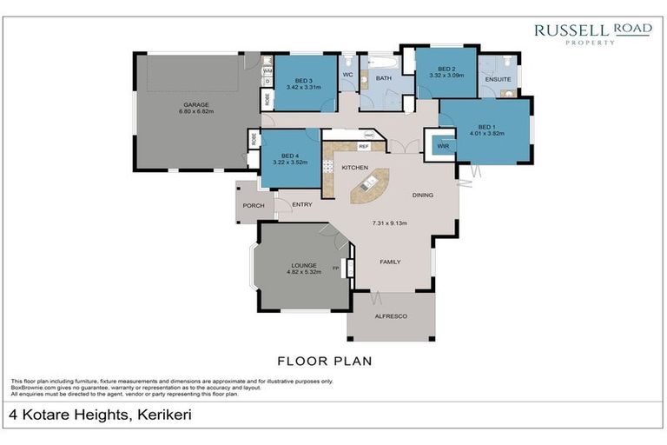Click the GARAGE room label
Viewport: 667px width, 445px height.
click(196, 106)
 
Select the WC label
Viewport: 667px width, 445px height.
click(347, 75)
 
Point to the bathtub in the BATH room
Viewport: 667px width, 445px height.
click(380, 64)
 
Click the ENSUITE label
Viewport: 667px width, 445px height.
click(498, 78)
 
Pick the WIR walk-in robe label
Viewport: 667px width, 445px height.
click(443, 146)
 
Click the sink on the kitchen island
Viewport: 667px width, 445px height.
click(368, 183)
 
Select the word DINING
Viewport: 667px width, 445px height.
click(422, 195)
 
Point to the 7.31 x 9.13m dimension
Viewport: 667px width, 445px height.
click(390, 223)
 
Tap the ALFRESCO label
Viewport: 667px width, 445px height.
click(390, 318)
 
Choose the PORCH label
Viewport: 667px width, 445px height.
click(253, 206)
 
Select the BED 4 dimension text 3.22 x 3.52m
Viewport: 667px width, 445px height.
click(290, 163)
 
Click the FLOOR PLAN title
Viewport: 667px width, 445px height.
click(325, 359)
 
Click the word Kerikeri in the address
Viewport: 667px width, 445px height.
click(161, 415)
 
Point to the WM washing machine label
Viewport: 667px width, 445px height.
click(267, 70)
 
